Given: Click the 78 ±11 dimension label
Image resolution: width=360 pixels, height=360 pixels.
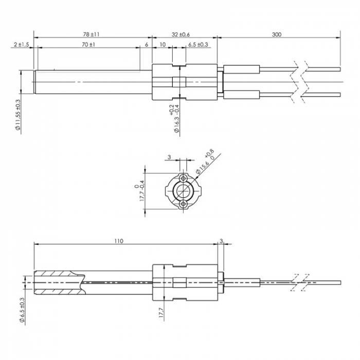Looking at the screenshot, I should click(91, 34).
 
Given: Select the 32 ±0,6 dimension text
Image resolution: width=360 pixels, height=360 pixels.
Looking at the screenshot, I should click(181, 34).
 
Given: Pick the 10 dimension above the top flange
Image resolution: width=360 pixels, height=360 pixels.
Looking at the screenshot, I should click(163, 45).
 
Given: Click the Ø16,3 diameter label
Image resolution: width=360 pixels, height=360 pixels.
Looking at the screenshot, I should click(175, 120).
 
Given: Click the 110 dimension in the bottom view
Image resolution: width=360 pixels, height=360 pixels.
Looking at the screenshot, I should click(119, 240).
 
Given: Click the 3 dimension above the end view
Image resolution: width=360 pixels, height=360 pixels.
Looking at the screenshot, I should click(168, 157).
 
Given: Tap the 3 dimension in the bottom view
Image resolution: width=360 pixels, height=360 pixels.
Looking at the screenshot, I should click(221, 240).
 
